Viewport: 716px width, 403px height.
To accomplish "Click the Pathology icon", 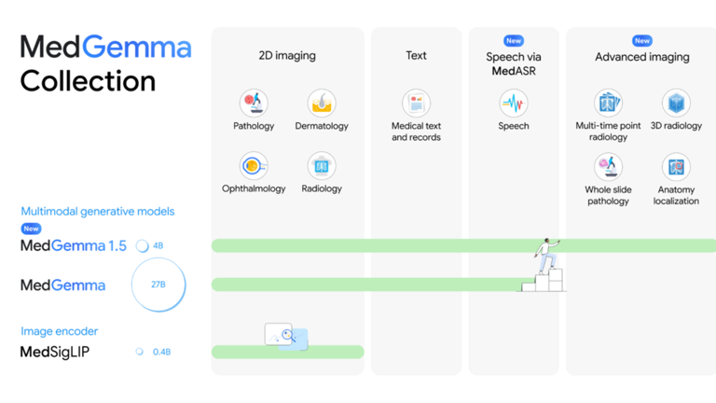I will coord(254,103).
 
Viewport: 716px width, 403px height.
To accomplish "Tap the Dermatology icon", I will coord(322,103).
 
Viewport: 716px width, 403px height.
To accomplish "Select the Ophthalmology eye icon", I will coord(254,165).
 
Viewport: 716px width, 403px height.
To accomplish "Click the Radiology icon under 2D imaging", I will coord(322,165).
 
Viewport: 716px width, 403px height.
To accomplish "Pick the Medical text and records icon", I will coord(416,103).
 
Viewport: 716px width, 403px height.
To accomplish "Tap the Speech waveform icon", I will coord(513,103).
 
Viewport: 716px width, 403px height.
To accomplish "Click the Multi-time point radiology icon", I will coord(608,102).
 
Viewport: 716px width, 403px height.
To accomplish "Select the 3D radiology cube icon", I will coord(676,103).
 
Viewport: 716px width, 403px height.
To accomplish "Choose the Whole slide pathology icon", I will coord(608,166).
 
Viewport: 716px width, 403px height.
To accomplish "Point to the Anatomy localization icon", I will coord(676,166).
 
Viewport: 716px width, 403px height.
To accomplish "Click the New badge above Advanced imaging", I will coord(642,41).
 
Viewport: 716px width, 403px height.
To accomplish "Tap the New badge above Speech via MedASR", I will coord(514,41).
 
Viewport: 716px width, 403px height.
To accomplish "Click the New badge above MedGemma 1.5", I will coord(31,229).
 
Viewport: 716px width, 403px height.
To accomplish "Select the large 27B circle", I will coord(158,285).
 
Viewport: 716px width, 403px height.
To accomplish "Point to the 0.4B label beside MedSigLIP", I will coord(161,352).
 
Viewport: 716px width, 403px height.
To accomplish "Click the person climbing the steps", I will coord(546,255).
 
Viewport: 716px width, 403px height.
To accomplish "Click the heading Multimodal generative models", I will coord(97,212).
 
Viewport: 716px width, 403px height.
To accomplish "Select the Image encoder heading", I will coord(59,331).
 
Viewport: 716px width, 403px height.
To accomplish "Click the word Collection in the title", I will coord(88,81).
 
